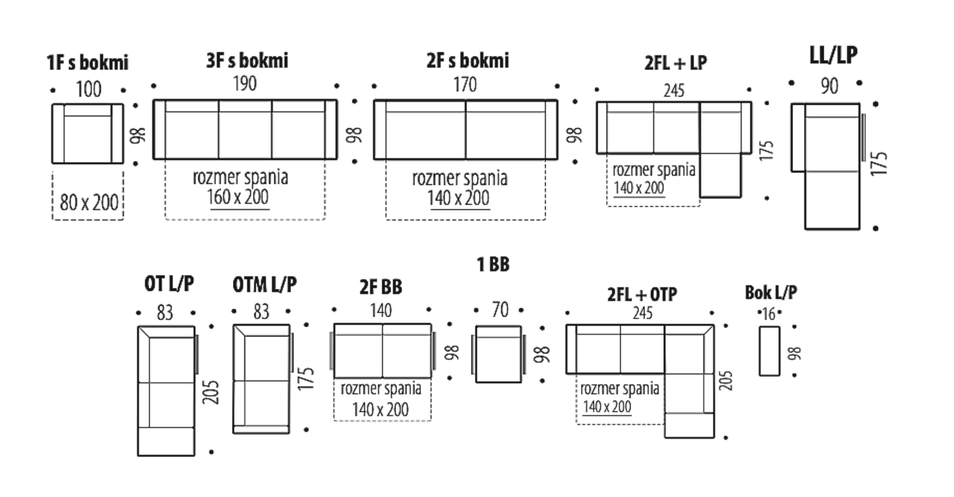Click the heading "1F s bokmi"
(x=87, y=63)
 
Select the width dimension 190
(x=245, y=83)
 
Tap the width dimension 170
(x=465, y=84)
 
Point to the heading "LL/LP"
(x=833, y=55)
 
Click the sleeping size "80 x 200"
(x=89, y=202)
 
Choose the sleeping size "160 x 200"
(x=238, y=197)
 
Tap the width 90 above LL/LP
(x=829, y=86)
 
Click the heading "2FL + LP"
(x=676, y=63)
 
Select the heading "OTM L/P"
(x=265, y=285)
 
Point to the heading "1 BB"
(x=493, y=264)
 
